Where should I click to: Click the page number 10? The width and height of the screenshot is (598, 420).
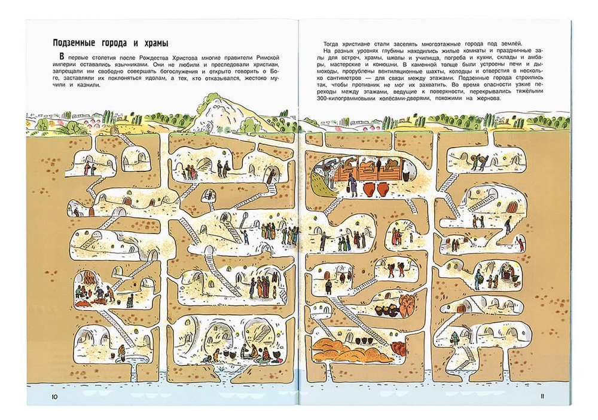pyautogui.click(x=54, y=396)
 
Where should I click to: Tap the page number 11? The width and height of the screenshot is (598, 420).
pyautogui.click(x=542, y=396)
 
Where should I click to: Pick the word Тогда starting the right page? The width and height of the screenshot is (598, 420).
pyautogui.click(x=331, y=43)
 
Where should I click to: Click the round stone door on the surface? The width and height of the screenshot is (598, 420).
pyautogui.click(x=112, y=131)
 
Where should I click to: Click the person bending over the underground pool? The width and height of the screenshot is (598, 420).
pyautogui.click(x=120, y=353)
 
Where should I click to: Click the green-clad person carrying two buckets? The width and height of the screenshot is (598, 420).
pyautogui.click(x=455, y=338)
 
